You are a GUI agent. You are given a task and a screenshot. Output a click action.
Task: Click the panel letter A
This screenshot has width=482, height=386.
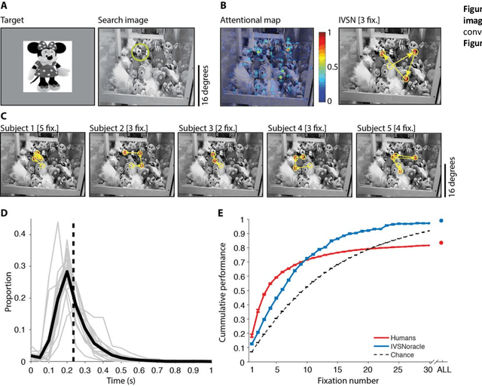coord(5,6)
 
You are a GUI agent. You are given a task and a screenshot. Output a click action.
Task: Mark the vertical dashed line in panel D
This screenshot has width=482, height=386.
coord(73,290)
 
